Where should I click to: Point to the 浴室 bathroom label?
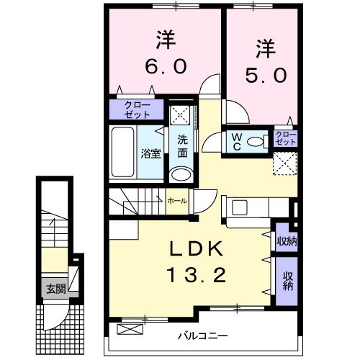(150, 153)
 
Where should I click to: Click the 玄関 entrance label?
(56, 289)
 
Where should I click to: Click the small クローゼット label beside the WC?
(286, 138)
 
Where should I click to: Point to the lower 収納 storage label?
(287, 280)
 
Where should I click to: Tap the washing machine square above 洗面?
(182, 115)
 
